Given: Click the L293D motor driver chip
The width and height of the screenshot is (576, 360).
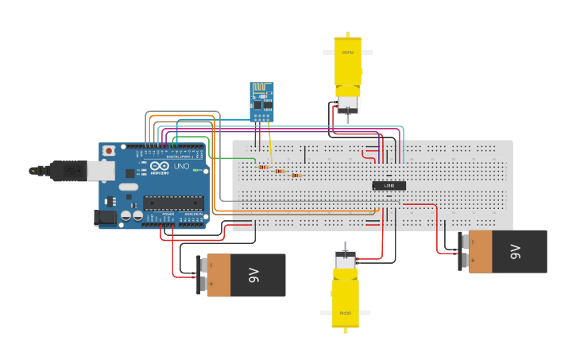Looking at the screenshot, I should (x=389, y=186).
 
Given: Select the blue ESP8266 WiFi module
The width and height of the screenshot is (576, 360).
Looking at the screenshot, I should (x=261, y=102).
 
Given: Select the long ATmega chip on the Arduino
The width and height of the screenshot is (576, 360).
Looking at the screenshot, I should (x=172, y=203).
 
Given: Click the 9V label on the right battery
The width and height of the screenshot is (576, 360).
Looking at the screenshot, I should (x=516, y=251).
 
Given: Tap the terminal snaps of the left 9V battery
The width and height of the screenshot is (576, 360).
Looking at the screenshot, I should (x=202, y=275).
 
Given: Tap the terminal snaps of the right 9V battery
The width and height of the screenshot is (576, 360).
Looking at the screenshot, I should (x=464, y=251).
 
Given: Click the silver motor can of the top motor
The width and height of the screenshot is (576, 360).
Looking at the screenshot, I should (x=347, y=105).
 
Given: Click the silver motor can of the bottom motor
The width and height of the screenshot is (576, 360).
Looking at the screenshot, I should (x=345, y=261).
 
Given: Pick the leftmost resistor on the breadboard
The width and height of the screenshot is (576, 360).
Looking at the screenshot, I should (x=262, y=167).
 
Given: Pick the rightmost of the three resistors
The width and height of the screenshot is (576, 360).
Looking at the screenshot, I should (x=296, y=176).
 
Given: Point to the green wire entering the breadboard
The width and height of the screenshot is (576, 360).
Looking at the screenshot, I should (x=226, y=157).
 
